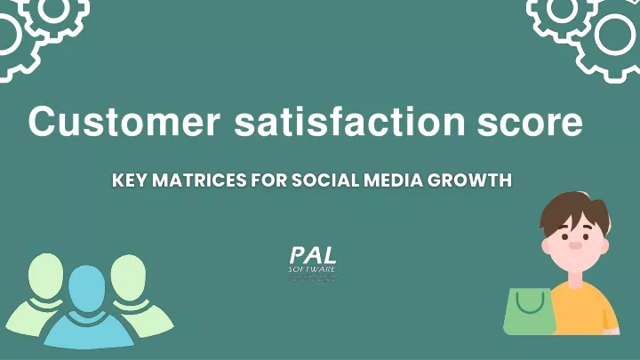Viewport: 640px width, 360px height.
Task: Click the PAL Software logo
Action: [x=313, y=263]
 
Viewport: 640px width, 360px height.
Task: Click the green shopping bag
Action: [x=529, y=313]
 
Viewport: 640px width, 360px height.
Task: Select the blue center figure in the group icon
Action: [x=86, y=307]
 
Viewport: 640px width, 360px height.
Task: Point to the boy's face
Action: [x=573, y=240]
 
